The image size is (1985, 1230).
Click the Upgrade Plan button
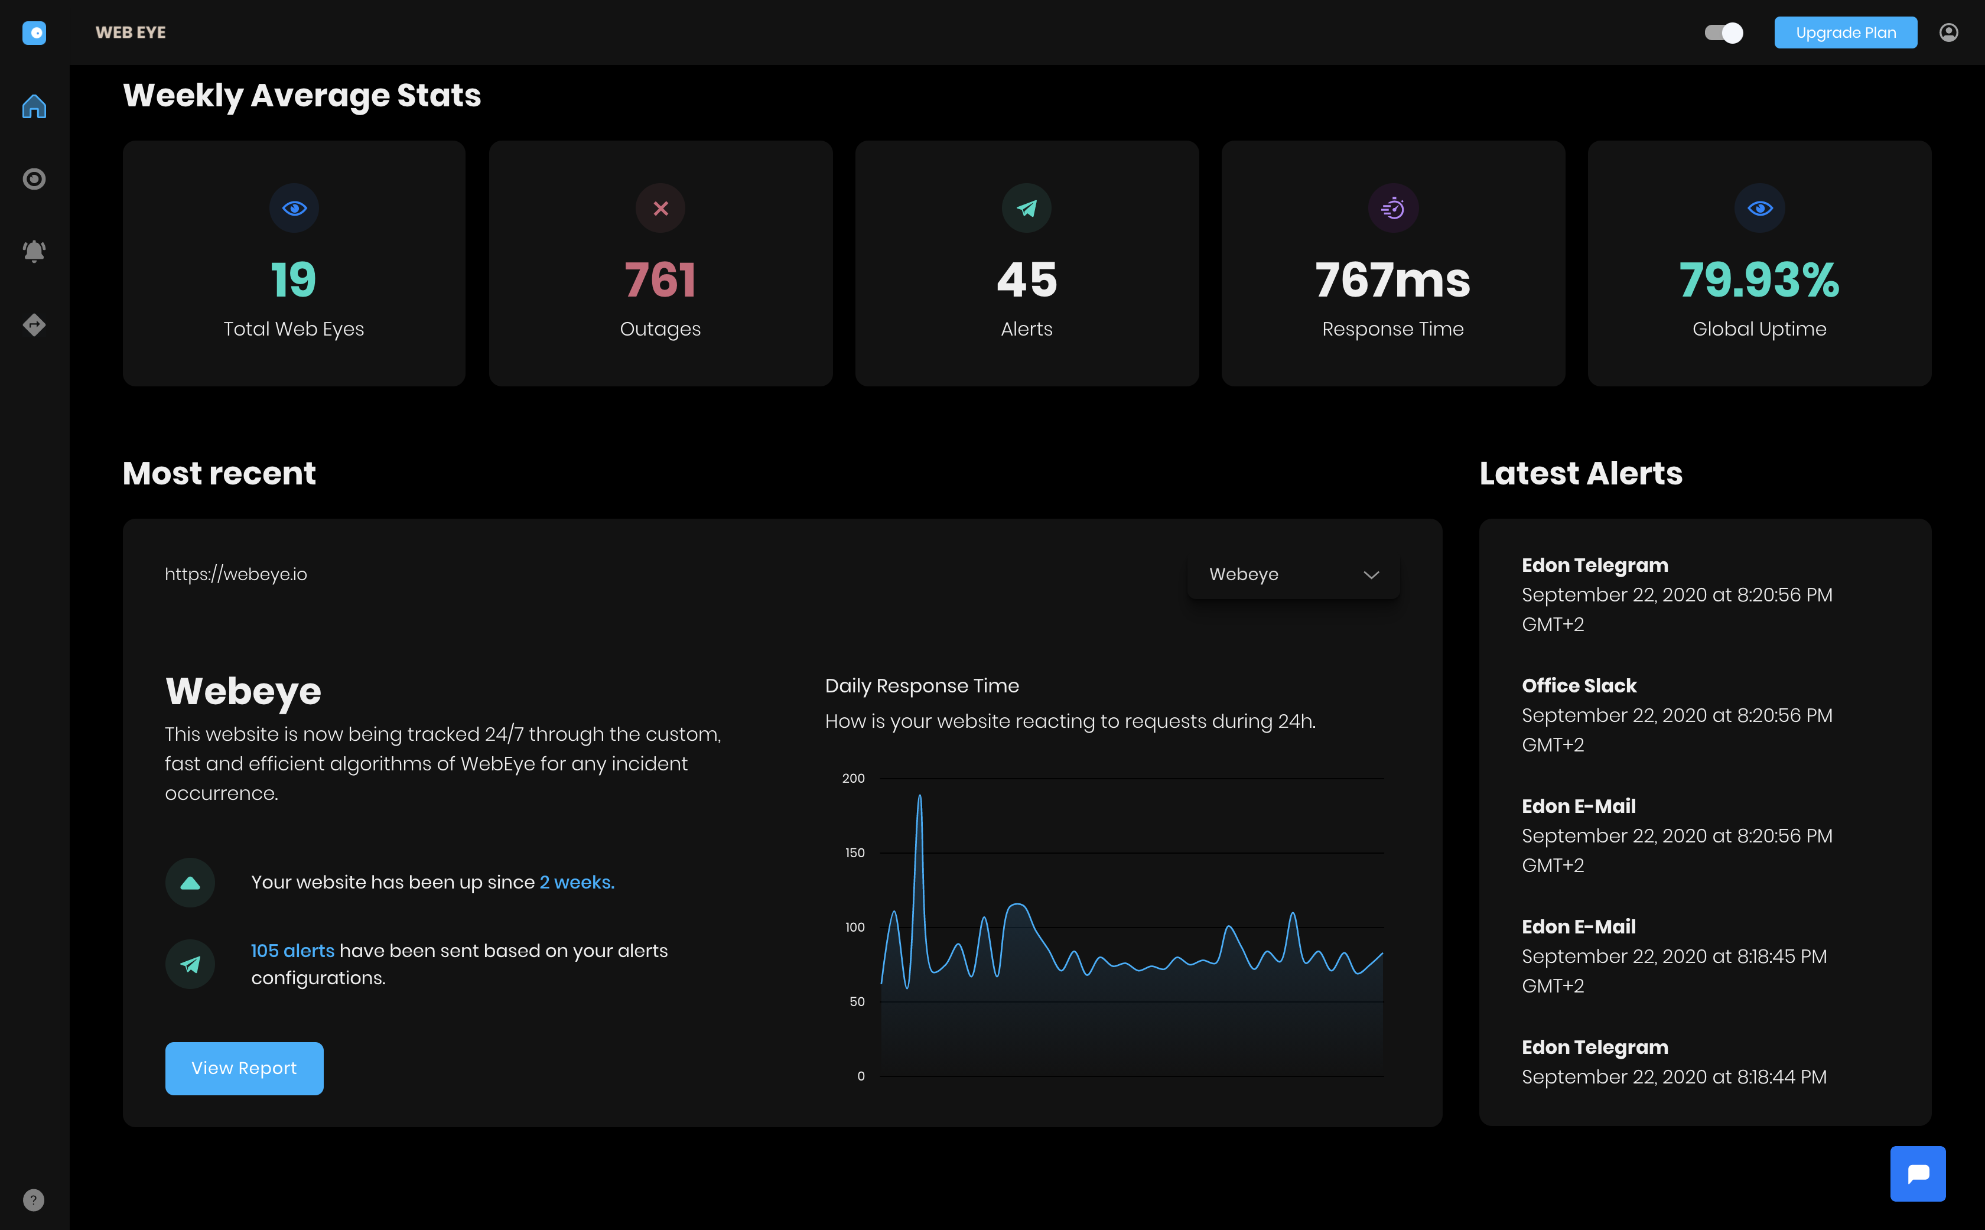pyautogui.click(x=1844, y=32)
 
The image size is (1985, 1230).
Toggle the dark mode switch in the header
pyautogui.click(x=1723, y=32)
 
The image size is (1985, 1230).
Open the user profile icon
pyautogui.click(x=1948, y=32)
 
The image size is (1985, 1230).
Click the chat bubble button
pyautogui.click(x=1918, y=1173)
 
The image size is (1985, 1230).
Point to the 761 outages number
pyautogui.click(x=660, y=280)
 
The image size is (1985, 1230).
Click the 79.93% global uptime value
pyautogui.click(x=1759, y=280)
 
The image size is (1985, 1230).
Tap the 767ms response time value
pyautogui.click(x=1393, y=280)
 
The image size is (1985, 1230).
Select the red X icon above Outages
pyautogui.click(x=660, y=209)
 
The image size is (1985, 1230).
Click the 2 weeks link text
pyautogui.click(x=577, y=882)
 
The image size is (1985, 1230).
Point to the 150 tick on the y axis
pyautogui.click(x=854, y=852)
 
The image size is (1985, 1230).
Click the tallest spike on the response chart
pyautogui.click(x=919, y=797)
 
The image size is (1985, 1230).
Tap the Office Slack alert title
pyautogui.click(x=1578, y=686)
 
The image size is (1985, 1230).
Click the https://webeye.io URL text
pyautogui.click(x=236, y=574)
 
